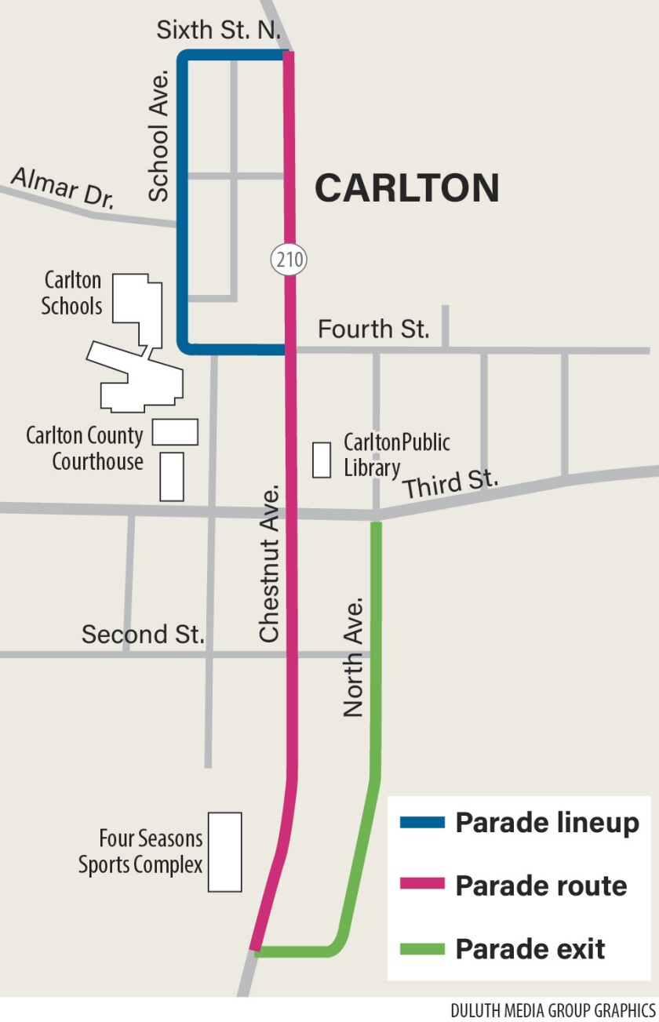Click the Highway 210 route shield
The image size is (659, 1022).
(x=289, y=259)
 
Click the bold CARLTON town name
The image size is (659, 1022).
(x=407, y=188)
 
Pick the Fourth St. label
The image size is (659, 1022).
(x=373, y=329)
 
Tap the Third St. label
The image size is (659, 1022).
(x=451, y=485)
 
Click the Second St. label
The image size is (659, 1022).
(x=143, y=634)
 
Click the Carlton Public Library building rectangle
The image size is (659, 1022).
(x=322, y=460)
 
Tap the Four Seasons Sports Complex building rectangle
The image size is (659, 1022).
(x=224, y=852)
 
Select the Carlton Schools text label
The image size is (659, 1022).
(x=72, y=293)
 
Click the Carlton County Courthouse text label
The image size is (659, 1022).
(x=85, y=448)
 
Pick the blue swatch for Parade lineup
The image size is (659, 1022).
(x=422, y=823)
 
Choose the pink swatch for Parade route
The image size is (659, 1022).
(x=422, y=886)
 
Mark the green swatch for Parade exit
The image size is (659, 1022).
(x=422, y=948)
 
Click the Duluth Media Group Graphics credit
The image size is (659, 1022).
(x=552, y=1009)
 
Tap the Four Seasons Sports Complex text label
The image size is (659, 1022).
(x=140, y=852)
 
